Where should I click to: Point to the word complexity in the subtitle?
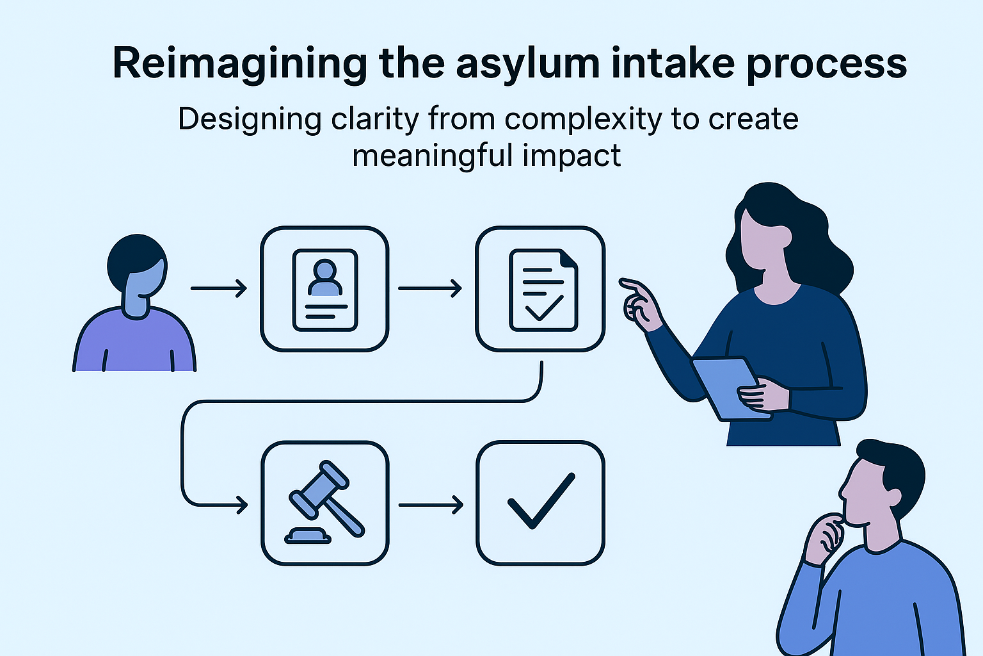pos(583,120)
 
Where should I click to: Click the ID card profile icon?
pos(324,289)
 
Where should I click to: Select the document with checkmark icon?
pos(541,289)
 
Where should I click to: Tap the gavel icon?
pos(324,503)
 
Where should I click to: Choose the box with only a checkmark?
pos(541,503)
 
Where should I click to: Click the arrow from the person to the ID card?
pos(219,288)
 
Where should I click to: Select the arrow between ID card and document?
pos(430,288)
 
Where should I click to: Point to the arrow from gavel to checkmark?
pos(431,505)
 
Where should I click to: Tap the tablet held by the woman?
pos(730,388)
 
